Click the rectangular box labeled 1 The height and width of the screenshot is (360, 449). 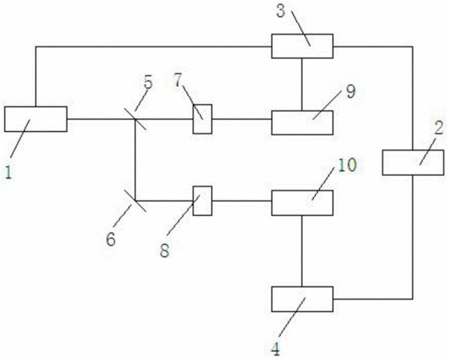tap(36, 119)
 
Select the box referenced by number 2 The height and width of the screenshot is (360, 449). tap(413, 162)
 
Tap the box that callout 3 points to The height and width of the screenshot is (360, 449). tap(303, 46)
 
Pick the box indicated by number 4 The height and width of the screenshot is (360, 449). tap(303, 299)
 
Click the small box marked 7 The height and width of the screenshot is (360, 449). tap(202, 119)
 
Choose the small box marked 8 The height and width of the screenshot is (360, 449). tap(202, 201)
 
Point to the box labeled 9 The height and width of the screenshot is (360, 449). tap(303, 122)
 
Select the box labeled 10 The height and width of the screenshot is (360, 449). tap(303, 202)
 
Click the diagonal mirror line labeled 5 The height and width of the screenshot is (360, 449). tap(135, 119)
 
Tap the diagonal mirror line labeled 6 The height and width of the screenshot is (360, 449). tap(135, 201)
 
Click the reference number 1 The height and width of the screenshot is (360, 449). tap(9, 173)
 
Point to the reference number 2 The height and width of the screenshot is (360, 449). tap(439, 128)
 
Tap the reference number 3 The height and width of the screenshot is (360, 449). tap(281, 11)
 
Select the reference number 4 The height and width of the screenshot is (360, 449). tap(275, 349)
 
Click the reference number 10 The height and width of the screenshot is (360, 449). tap(347, 165)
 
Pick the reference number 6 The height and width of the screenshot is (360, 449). tap(110, 239)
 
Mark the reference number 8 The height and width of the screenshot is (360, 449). tap(164, 250)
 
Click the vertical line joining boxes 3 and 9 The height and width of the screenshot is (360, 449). tap(302, 85)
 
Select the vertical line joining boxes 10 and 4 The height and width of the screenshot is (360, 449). tap(302, 251)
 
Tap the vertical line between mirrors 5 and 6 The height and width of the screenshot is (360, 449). tap(135, 160)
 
